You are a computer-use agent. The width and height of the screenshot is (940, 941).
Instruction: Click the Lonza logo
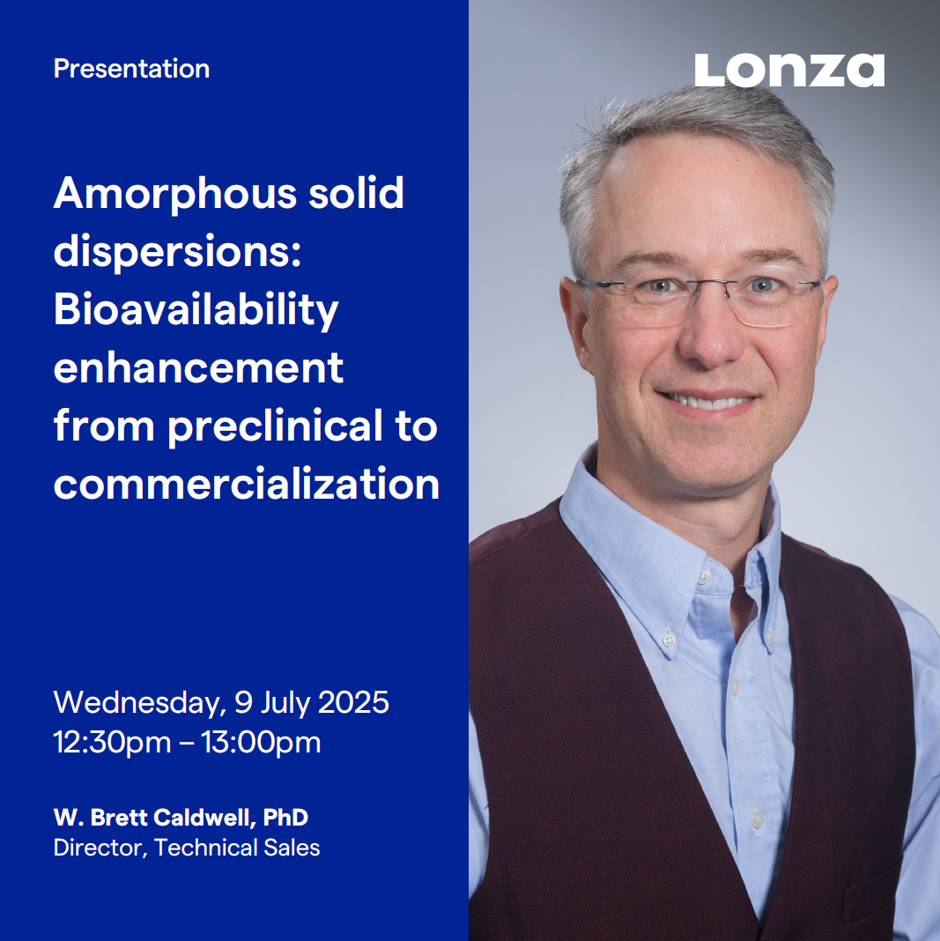788,70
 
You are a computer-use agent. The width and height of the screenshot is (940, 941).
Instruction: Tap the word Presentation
131,69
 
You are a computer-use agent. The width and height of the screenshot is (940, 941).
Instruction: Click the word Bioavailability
196,311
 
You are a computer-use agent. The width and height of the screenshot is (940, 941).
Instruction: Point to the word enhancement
198,368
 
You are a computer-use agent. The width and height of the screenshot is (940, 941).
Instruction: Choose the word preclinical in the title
275,427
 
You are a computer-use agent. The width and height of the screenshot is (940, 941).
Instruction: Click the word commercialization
247,485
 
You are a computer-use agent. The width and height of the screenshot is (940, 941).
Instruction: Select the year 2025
353,702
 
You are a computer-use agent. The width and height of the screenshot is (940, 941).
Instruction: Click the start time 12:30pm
112,743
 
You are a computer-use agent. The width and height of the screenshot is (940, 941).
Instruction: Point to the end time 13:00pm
261,743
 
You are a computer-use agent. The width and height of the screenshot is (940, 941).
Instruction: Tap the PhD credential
285,818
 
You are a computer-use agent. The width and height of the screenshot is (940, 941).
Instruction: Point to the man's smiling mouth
707,401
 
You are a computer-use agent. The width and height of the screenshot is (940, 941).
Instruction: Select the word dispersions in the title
177,253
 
